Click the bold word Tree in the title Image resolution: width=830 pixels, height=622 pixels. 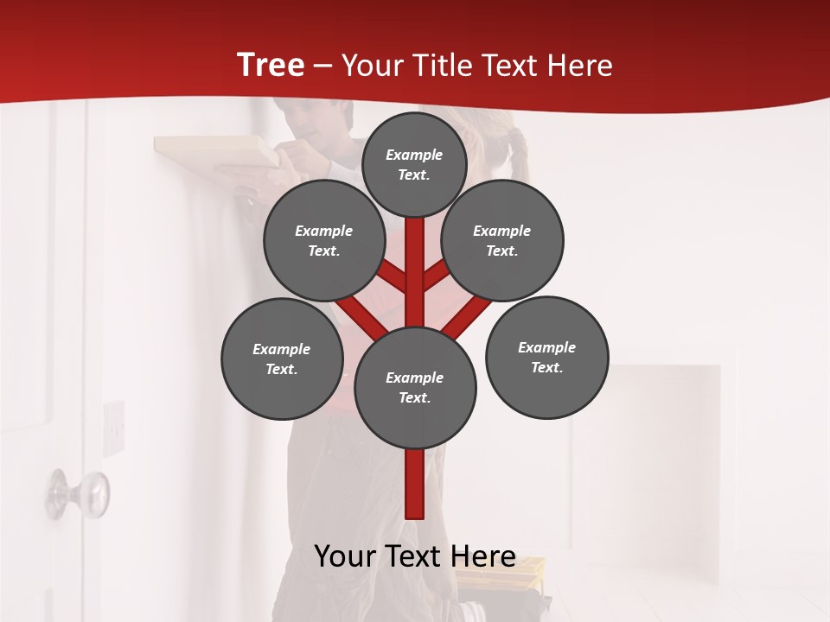tap(271, 66)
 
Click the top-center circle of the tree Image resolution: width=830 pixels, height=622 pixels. tap(414, 164)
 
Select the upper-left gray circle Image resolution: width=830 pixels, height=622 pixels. tap(324, 240)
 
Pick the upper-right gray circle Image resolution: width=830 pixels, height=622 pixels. tap(502, 240)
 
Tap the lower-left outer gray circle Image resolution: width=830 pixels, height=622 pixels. tap(282, 359)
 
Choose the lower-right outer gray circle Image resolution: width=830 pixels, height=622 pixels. tap(546, 357)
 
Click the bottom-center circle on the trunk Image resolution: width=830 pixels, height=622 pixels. tap(415, 387)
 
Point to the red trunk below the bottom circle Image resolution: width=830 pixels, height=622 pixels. tap(415, 484)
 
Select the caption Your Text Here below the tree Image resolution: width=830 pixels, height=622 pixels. tap(415, 556)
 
